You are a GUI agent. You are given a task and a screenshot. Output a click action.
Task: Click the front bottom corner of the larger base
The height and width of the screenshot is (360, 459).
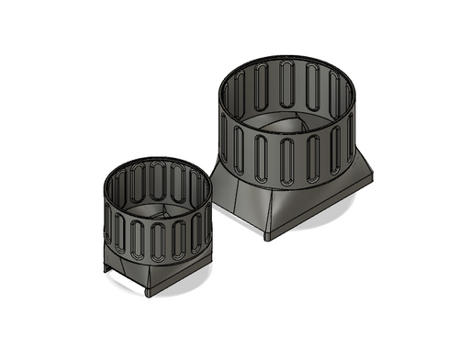267,237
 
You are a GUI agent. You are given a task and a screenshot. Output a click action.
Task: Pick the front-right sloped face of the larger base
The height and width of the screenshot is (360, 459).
317,204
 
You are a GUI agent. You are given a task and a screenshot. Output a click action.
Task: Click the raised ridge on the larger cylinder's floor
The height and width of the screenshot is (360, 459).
292,124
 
